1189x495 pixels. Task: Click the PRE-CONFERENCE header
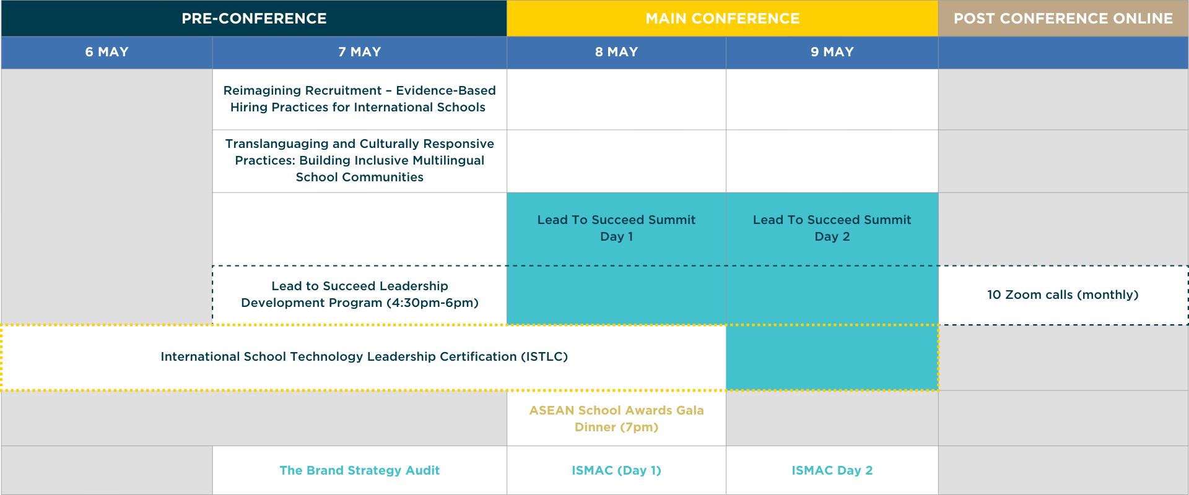[x=254, y=19]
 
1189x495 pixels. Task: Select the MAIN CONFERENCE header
[x=723, y=19]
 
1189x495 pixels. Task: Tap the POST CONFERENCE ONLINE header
[x=1063, y=19]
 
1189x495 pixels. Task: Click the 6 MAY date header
[x=107, y=52]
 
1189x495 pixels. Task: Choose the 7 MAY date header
[x=360, y=52]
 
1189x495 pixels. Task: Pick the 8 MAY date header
[x=617, y=52]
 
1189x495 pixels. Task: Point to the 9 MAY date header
[x=832, y=52]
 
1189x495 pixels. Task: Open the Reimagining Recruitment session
[x=360, y=99]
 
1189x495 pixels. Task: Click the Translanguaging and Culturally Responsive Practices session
[x=360, y=160]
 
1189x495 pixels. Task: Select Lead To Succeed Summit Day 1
[x=617, y=228]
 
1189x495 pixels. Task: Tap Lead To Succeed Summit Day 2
[x=832, y=228]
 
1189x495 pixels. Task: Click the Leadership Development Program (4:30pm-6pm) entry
[x=360, y=295]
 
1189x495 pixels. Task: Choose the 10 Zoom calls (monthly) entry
[x=1063, y=295]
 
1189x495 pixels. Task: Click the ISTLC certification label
[x=364, y=356]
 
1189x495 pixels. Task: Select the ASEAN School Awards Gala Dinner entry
[x=617, y=419]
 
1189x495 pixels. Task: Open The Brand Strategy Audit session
[x=360, y=470]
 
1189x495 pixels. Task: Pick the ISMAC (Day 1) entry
[x=617, y=470]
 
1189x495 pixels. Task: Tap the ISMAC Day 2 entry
[x=832, y=470]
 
